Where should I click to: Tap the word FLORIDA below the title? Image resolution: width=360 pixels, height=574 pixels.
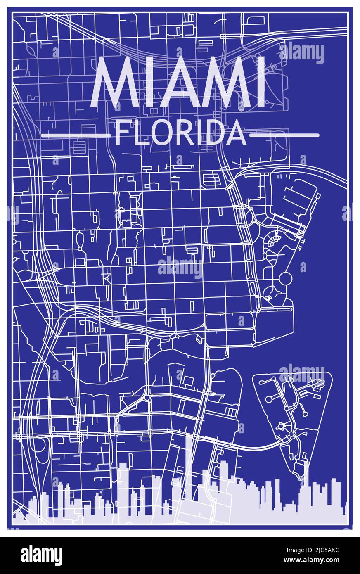pos(180,133)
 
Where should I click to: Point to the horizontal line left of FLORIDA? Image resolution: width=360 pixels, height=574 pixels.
pos(76,135)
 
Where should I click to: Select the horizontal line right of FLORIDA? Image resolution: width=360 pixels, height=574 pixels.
pos(284,135)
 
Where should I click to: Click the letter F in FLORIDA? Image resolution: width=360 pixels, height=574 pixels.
pos(122,133)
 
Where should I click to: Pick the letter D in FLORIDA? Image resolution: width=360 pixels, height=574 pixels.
pos(218,133)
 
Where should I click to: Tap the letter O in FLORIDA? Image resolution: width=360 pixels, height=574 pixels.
pos(158,133)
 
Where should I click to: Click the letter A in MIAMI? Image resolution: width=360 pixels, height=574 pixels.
pos(185,83)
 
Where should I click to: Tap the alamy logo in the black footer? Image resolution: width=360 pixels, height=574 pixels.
pos(41,555)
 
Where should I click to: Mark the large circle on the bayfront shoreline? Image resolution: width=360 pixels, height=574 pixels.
pos(285,279)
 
